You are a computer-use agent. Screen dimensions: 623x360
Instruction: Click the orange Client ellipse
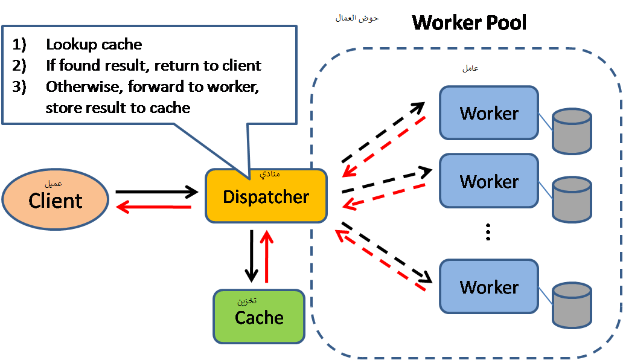pyautogui.click(x=55, y=199)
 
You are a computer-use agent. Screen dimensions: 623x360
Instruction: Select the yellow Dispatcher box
pyautogui.click(x=266, y=196)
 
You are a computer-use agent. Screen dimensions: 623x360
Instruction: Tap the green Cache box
pyautogui.click(x=259, y=317)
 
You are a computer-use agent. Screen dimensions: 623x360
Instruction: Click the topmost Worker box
pyautogui.click(x=489, y=113)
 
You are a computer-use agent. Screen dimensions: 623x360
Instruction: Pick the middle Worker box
pyautogui.click(x=489, y=181)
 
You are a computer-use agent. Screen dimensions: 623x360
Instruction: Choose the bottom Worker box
pyautogui.click(x=489, y=286)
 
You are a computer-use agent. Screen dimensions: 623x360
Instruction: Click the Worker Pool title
pyautogui.click(x=469, y=22)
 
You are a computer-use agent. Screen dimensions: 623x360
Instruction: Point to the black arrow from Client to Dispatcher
pyautogui.click(x=157, y=192)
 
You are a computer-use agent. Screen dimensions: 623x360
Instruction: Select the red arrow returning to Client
pyautogui.click(x=153, y=207)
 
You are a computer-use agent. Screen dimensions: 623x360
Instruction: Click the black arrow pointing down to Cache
pyautogui.click(x=251, y=256)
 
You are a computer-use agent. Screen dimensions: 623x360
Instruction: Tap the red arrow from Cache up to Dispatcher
pyautogui.click(x=266, y=256)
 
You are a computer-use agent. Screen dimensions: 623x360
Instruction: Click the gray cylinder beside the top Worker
pyautogui.click(x=572, y=131)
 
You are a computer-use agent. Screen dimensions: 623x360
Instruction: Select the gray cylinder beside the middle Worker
pyautogui.click(x=572, y=199)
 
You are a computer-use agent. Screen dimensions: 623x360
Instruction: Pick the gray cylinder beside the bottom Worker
pyautogui.click(x=572, y=305)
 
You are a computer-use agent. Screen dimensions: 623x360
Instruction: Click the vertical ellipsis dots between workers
pyautogui.click(x=488, y=232)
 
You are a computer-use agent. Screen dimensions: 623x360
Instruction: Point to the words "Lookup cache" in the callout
pyautogui.click(x=94, y=44)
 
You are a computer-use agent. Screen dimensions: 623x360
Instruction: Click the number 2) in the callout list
pyautogui.click(x=19, y=65)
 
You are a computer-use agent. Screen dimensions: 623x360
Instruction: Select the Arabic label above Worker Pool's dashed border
pyautogui.click(x=357, y=18)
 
